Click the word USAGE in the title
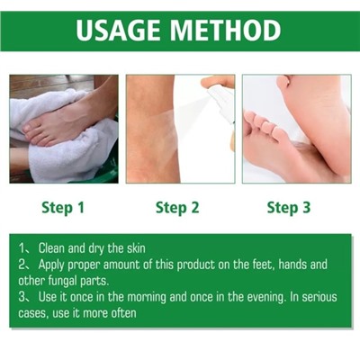pyautogui.click(x=118, y=31)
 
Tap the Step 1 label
pyautogui.click(x=63, y=208)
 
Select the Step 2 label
pyautogui.click(x=177, y=208)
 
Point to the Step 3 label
pyautogui.click(x=289, y=208)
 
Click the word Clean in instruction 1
pyautogui.click(x=51, y=248)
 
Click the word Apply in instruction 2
pyautogui.click(x=51, y=265)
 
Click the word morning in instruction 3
pyautogui.click(x=147, y=298)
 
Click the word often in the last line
pyautogui.click(x=123, y=313)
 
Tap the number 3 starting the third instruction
pyautogui.click(x=22, y=297)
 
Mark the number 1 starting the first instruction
pyautogui.click(x=22, y=248)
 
